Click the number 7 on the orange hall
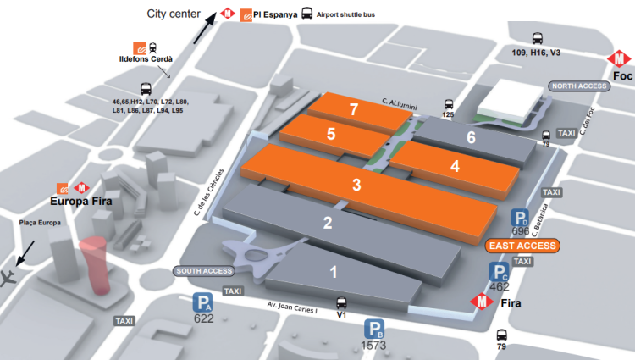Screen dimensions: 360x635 click(x=354, y=109)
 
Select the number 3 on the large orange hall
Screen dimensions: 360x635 click(x=356, y=184)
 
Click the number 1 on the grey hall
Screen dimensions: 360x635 click(x=334, y=272)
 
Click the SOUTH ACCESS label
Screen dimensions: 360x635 click(x=204, y=271)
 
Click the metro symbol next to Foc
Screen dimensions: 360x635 click(x=621, y=59)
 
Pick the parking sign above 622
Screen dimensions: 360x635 click(x=202, y=302)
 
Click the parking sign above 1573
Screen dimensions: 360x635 click(x=375, y=330)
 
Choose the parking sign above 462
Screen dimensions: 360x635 click(x=499, y=273)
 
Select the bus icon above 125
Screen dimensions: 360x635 click(x=449, y=103)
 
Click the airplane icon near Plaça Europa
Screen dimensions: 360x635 click(x=10, y=278)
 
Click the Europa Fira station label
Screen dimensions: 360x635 click(x=80, y=201)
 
